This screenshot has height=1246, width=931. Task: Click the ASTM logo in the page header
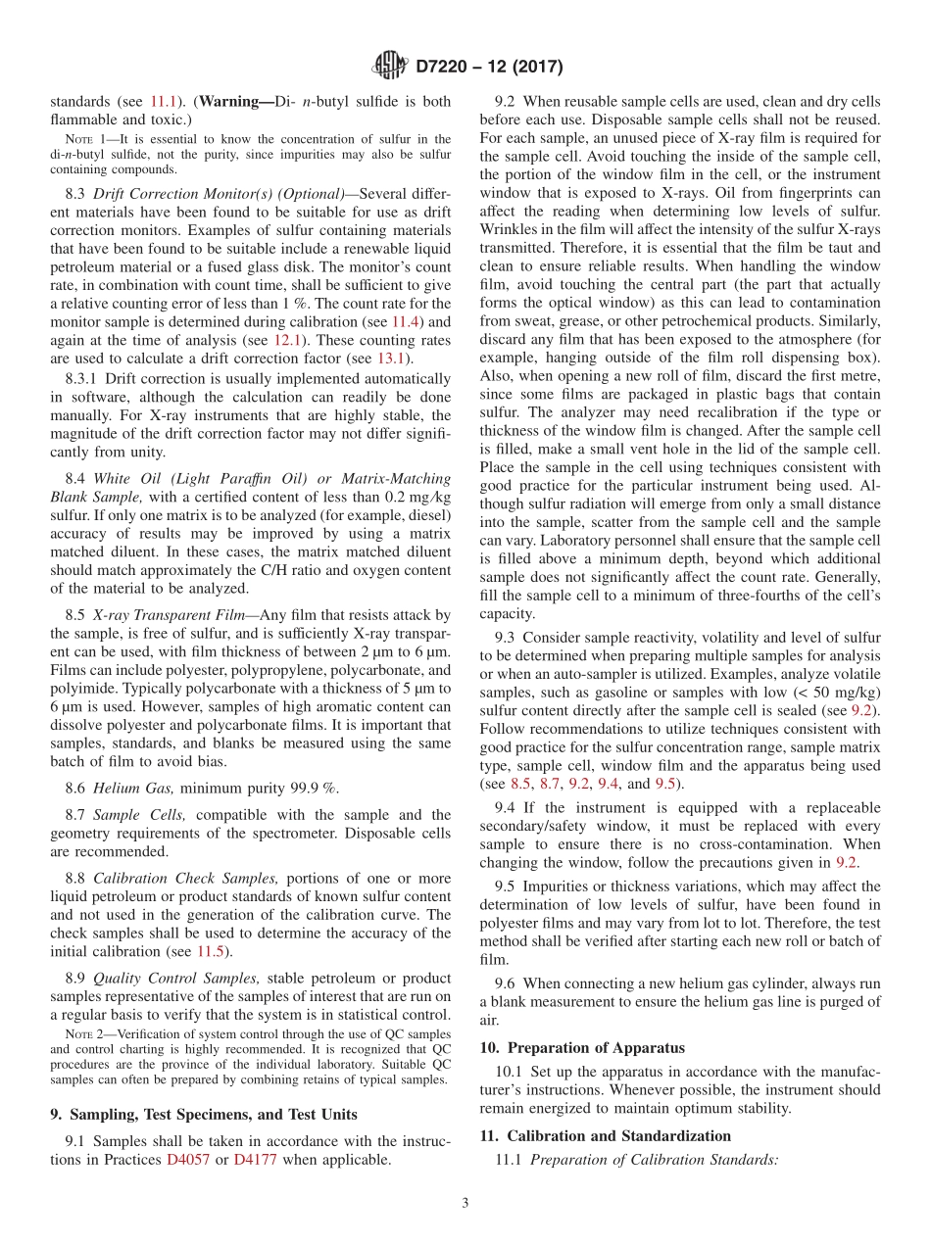coord(389,66)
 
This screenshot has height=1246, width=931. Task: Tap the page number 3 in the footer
coord(465,1203)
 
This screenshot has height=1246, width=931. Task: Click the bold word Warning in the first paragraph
coord(236,101)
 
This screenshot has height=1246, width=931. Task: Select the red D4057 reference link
coord(188,1160)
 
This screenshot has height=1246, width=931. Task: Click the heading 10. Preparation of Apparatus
coord(582,1047)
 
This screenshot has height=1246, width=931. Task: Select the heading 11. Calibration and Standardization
coord(606,1135)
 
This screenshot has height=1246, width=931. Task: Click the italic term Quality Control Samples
coord(176,978)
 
